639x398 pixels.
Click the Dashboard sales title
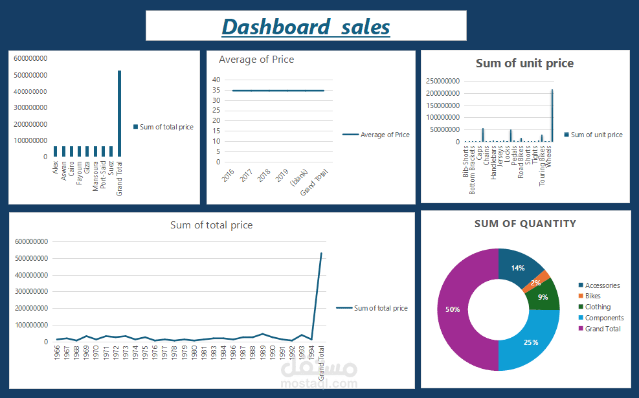(306, 27)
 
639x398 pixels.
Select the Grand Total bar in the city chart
(119, 113)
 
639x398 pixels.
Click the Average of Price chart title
(256, 60)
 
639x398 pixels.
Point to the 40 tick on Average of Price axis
(217, 80)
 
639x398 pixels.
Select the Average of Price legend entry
(385, 135)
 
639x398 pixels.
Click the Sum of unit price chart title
(524, 63)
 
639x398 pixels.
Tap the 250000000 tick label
(444, 81)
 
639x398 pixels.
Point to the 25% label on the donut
(532, 342)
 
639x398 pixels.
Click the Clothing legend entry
(598, 307)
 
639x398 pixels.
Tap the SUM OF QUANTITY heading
(524, 223)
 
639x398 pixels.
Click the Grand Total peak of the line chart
(321, 253)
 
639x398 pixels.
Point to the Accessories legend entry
(602, 285)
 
